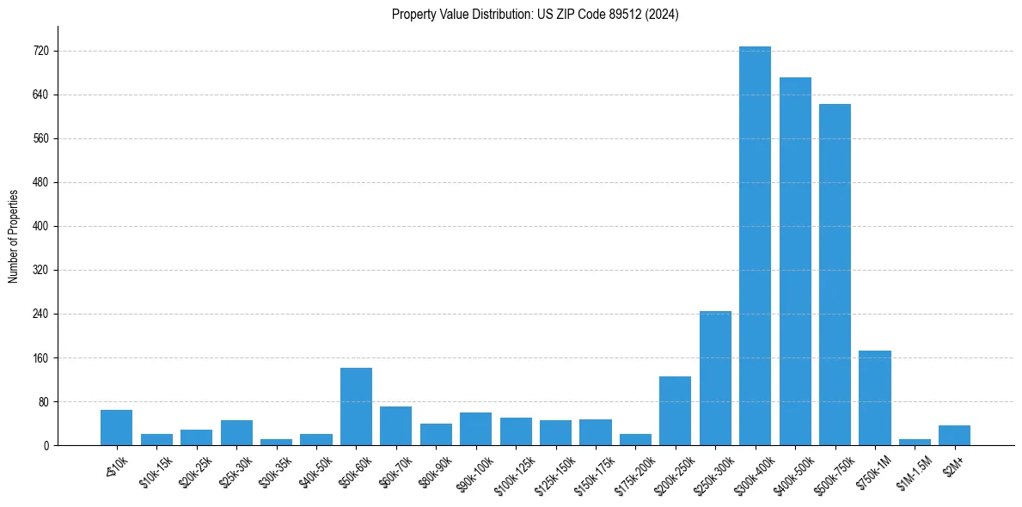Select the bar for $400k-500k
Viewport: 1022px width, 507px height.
tap(795, 261)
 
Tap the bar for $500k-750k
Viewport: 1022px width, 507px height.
tap(835, 275)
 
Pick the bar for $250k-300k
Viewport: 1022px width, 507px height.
tap(715, 378)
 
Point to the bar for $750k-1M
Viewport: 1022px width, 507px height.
tap(874, 398)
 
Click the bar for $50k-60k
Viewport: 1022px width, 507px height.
tap(356, 406)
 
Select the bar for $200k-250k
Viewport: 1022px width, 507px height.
tap(675, 411)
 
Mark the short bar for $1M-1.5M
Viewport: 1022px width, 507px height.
tap(915, 442)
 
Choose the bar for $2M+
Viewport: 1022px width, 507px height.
tap(954, 436)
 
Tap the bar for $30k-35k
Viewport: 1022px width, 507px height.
tap(276, 442)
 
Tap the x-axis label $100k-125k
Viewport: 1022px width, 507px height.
tap(513, 474)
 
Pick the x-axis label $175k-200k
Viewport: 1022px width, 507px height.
tap(633, 474)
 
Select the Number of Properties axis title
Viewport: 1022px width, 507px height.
tap(14, 235)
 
